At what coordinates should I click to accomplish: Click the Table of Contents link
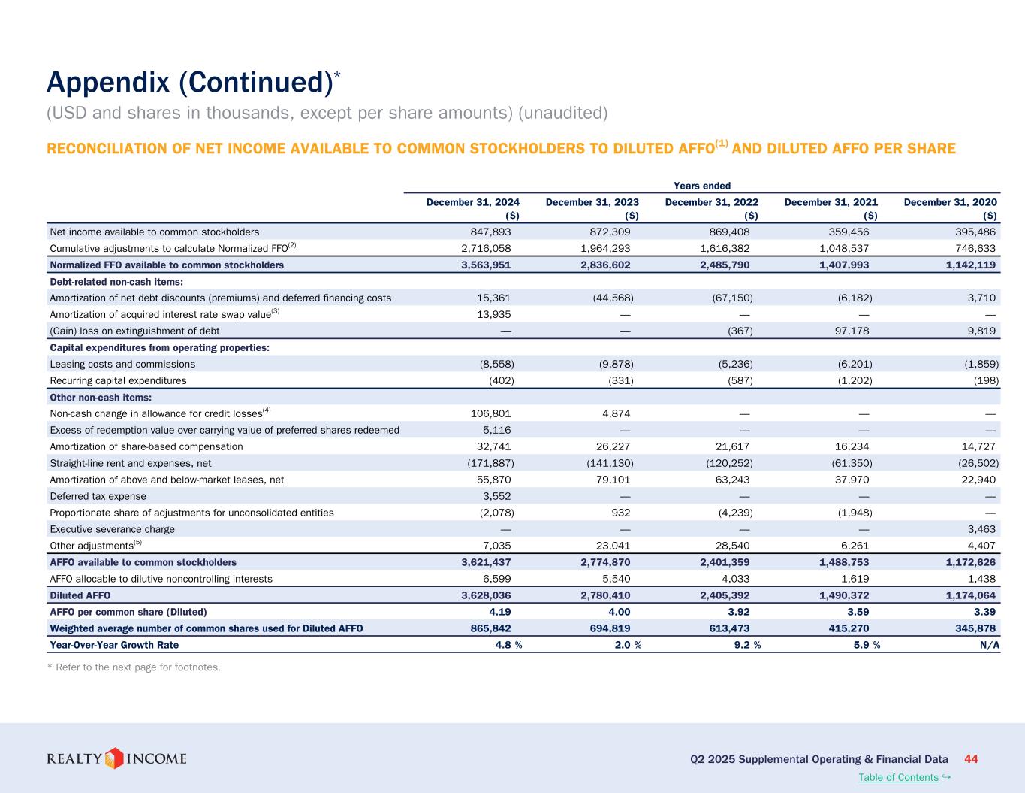898,777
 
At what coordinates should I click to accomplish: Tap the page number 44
971,758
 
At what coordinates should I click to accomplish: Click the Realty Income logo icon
114,758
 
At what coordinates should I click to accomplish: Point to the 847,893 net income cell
488,232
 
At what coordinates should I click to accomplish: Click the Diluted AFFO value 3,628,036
488,595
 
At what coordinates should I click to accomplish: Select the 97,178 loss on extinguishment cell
851,331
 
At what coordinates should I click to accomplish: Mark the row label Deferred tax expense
98,496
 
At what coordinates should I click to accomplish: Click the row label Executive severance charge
112,529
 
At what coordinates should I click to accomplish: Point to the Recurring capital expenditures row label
118,380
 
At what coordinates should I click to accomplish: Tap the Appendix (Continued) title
188,82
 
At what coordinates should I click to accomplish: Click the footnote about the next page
134,667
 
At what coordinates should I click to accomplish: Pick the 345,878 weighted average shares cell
973,628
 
